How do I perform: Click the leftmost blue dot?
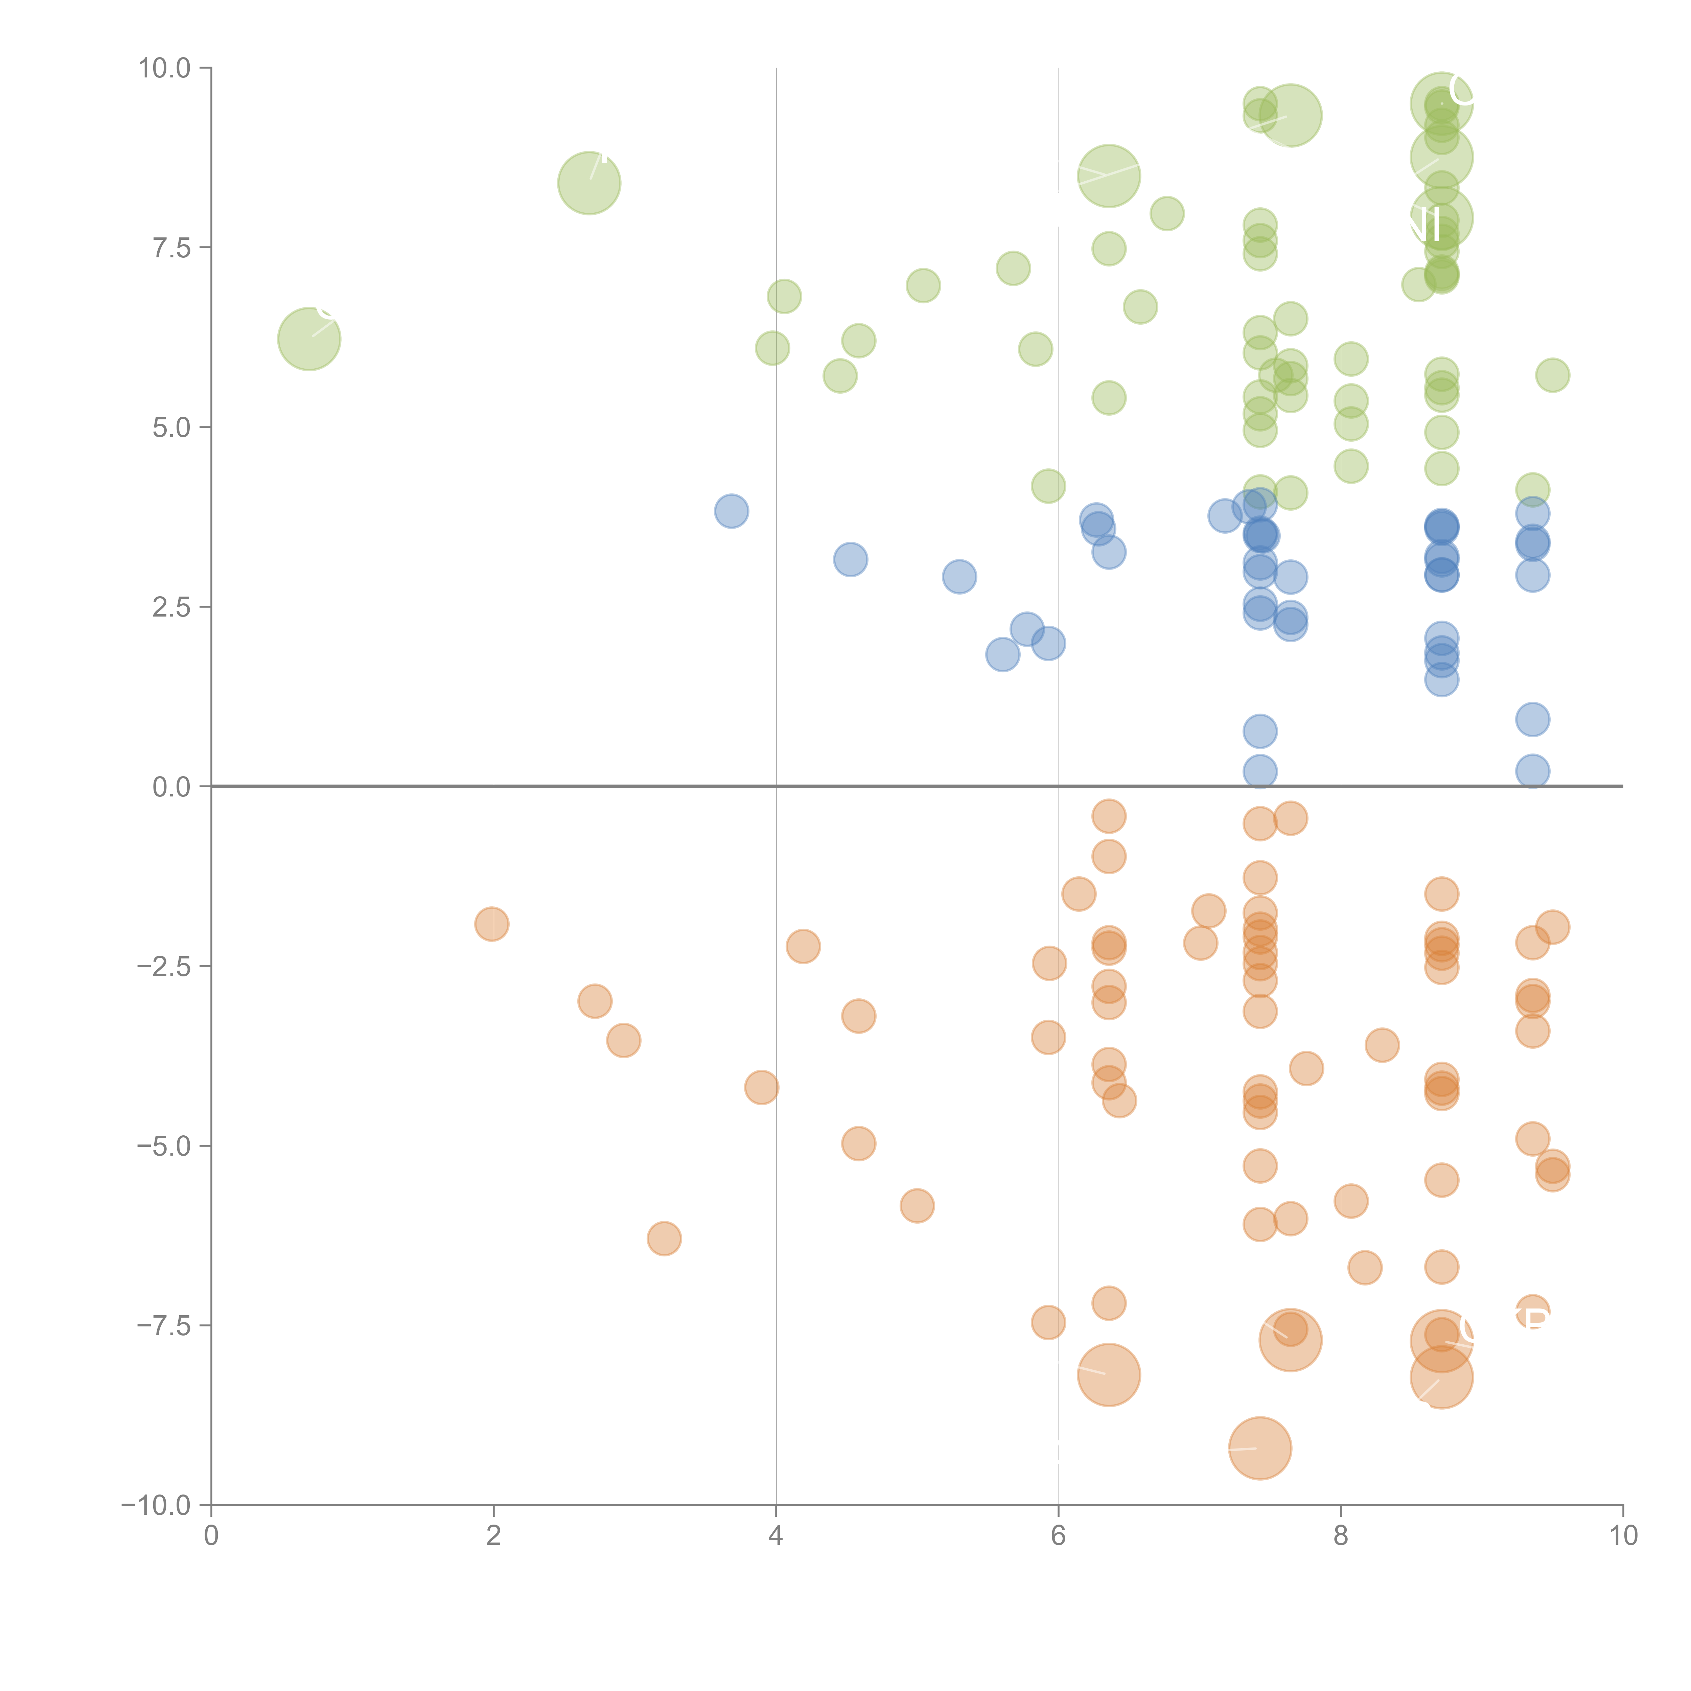[731, 511]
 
